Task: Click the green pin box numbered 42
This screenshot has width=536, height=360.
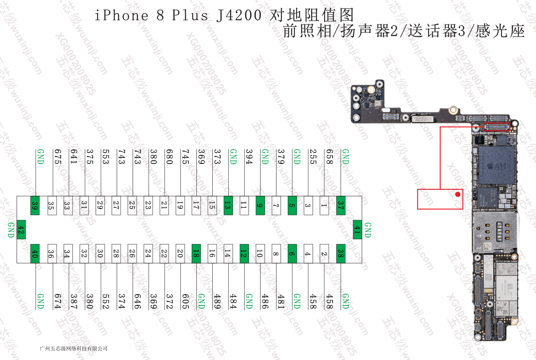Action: tap(21, 229)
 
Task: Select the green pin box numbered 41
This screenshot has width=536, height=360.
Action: tap(357, 229)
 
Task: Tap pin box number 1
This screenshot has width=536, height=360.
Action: tap(324, 206)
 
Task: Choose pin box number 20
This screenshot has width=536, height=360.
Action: tap(180, 253)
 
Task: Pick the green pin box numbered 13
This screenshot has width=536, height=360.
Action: tap(228, 206)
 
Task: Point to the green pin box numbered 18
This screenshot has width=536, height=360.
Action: tap(196, 253)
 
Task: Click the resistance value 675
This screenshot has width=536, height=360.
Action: tap(57, 157)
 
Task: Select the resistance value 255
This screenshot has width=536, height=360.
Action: tap(313, 157)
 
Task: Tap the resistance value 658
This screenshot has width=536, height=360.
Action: tap(329, 157)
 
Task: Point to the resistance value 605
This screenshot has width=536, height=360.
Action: tap(185, 301)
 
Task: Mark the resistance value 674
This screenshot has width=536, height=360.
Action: tap(57, 301)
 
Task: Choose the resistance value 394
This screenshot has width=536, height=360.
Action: tap(249, 157)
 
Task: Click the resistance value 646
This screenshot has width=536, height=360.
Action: tap(137, 301)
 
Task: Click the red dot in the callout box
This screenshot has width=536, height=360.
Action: tap(458, 194)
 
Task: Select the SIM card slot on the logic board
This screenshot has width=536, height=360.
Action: tap(495, 232)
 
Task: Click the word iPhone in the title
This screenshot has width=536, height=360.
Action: tap(121, 16)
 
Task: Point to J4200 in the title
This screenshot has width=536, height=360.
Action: tap(239, 16)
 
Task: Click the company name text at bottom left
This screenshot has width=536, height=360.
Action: tap(74, 349)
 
